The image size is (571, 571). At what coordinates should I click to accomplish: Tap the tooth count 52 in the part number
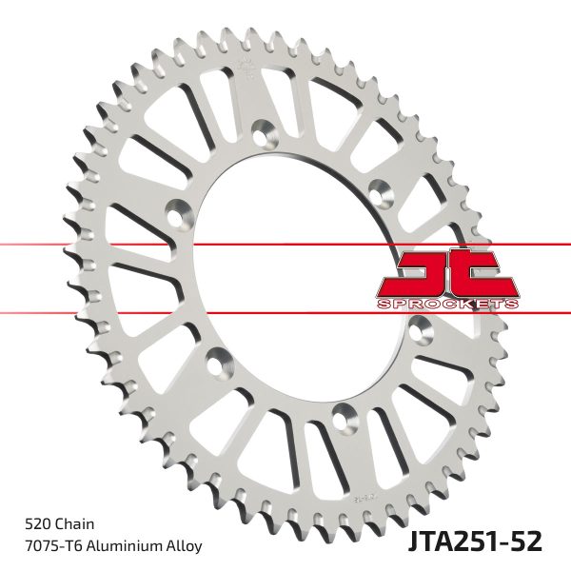525,541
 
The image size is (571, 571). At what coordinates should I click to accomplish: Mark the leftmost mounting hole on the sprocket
178,211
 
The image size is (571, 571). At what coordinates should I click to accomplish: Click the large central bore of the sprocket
295,276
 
